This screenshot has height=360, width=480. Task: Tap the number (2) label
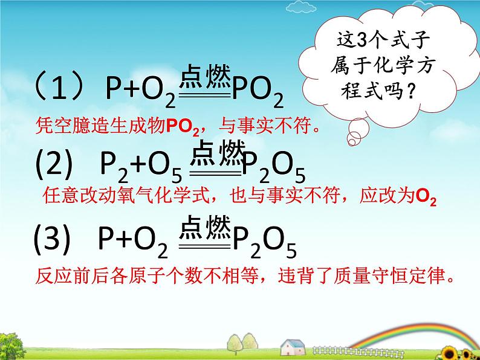coord(54,164)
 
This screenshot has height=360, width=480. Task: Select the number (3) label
coord(51,239)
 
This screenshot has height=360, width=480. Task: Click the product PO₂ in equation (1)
coord(258,92)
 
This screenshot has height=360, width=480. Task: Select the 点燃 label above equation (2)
coord(217,153)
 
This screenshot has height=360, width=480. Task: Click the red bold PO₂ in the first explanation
coord(183,126)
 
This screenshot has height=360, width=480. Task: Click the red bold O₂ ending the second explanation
coord(426,197)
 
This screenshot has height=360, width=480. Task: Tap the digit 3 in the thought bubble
coord(362,39)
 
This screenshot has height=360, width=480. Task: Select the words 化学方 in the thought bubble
coord(403,65)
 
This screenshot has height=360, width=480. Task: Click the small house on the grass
coord(293,347)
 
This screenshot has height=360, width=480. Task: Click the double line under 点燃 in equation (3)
coord(205,246)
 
